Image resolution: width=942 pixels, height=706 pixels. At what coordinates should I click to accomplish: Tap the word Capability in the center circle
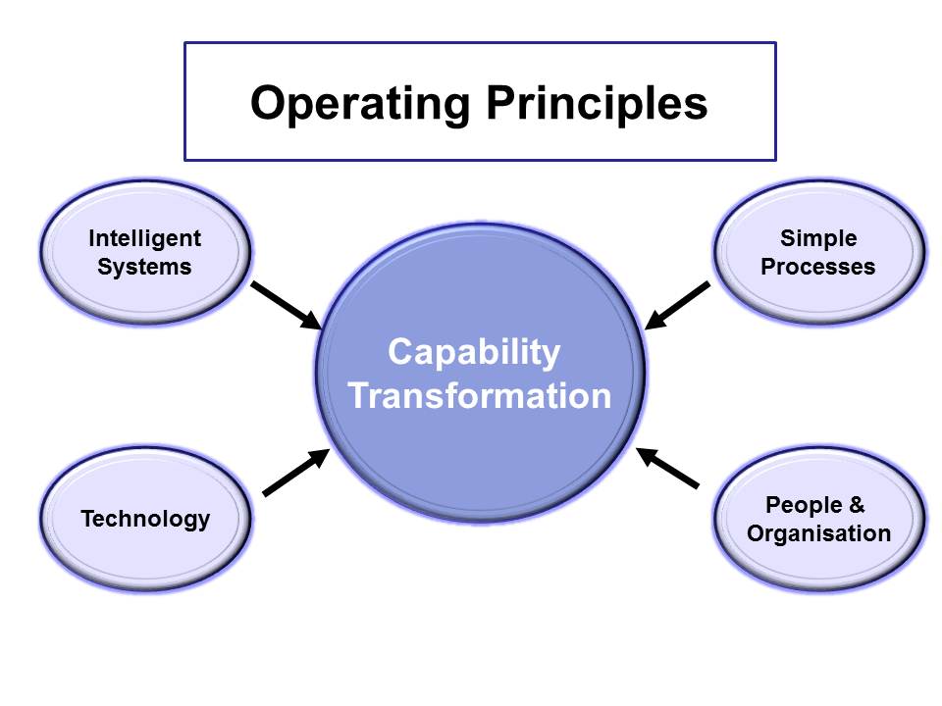click(x=474, y=351)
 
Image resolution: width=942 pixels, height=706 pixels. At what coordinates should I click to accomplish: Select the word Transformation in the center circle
click(x=480, y=396)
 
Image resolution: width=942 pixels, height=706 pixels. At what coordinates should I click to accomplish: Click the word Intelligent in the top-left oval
click(x=144, y=238)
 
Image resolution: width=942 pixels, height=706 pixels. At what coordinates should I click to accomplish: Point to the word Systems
click(x=144, y=267)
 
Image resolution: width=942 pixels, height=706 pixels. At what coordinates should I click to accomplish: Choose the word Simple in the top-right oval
click(x=818, y=238)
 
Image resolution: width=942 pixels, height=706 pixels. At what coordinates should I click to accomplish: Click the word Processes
click(x=818, y=267)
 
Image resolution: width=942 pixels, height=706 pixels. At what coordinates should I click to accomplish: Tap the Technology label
click(x=145, y=519)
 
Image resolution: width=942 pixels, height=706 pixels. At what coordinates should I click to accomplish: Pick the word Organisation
click(x=818, y=533)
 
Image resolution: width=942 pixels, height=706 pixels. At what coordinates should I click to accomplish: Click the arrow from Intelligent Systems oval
click(x=286, y=305)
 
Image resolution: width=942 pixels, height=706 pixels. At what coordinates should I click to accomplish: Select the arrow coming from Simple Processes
click(x=678, y=305)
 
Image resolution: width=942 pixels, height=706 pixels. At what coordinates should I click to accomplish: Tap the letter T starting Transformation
click(x=359, y=396)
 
